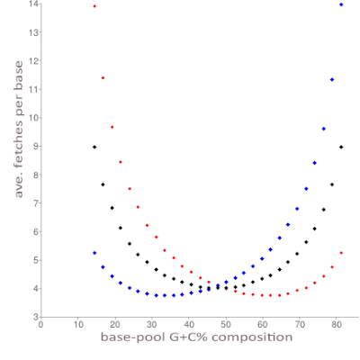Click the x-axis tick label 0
point(41,325)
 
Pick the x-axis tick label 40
point(189,325)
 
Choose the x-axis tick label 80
point(337,325)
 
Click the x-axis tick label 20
point(115,325)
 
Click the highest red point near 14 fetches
point(94,5)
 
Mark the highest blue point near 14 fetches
point(341,4)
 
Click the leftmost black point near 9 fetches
point(94,147)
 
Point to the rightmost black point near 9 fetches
point(341,147)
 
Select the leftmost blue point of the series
point(94,253)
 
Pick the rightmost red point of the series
point(341,253)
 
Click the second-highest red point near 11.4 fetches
point(103,78)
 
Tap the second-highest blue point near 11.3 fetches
point(332,80)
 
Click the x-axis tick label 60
point(264,325)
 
